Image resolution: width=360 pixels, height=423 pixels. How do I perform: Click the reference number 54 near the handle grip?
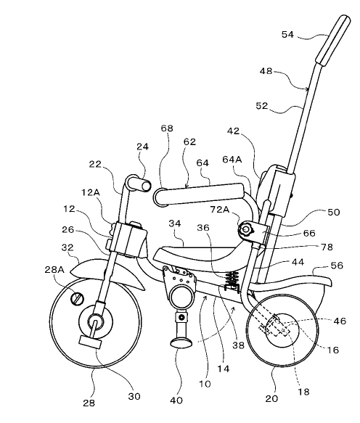point(287,35)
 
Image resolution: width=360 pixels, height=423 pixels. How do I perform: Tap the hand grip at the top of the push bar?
point(333,40)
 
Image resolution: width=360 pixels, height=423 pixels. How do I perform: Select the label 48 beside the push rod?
point(266,71)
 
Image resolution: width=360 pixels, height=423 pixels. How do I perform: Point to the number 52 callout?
point(261,106)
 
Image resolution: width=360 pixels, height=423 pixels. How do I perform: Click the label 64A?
point(232,160)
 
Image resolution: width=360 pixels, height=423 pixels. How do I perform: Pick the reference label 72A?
point(220,210)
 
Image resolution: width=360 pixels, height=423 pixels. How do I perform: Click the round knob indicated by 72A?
point(246,229)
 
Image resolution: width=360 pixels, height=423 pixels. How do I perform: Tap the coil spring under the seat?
point(232,278)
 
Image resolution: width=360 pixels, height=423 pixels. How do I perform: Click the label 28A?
point(54,269)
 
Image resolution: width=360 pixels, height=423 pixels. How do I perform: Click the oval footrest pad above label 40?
point(181,343)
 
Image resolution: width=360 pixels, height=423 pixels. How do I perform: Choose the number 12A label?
point(91,192)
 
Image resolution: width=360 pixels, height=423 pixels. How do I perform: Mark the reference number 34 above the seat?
point(175,223)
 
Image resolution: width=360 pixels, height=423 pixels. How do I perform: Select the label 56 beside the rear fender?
point(337,266)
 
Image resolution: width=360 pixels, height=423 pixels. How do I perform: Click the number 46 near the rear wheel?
point(340,321)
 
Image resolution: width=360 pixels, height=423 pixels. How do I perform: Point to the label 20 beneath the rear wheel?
point(271,398)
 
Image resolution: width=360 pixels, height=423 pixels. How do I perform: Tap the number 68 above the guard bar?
point(167,128)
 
